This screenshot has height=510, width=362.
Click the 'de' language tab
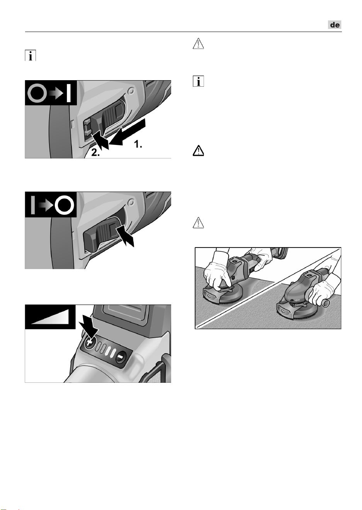pyautogui.click(x=335, y=25)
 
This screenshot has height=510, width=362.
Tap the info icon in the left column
pyautogui.click(x=31, y=56)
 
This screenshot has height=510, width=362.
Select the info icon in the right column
pyautogui.click(x=198, y=81)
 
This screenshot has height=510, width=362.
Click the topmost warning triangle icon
pyautogui.click(x=198, y=44)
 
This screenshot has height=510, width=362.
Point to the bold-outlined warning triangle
pyautogui.click(x=198, y=150)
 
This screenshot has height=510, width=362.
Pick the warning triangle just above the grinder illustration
pyautogui.click(x=198, y=223)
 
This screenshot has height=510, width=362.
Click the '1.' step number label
pyautogui.click(x=138, y=144)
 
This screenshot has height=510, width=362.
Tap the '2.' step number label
pyautogui.click(x=95, y=153)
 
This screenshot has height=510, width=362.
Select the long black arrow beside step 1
pyautogui.click(x=127, y=132)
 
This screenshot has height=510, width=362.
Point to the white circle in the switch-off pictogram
pyautogui.click(x=65, y=205)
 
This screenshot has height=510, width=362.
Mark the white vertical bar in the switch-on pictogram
pyautogui.click(x=68, y=93)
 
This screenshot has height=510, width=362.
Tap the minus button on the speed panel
pyautogui.click(x=120, y=357)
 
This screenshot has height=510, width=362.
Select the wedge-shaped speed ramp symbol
pyautogui.click(x=49, y=317)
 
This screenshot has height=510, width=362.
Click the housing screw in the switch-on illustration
pyautogui.click(x=131, y=91)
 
